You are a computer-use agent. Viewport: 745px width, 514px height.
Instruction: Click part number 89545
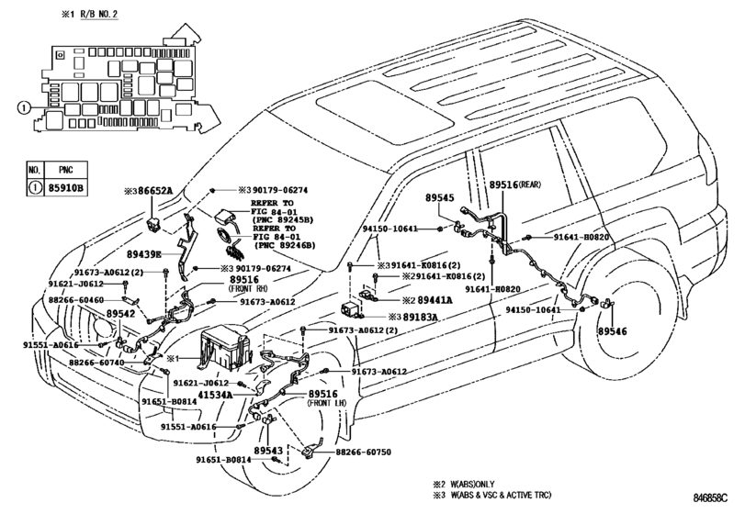[x=439, y=198]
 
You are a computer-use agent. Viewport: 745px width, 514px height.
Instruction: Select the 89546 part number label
[x=613, y=331]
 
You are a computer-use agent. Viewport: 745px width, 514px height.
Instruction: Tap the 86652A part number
[x=155, y=191]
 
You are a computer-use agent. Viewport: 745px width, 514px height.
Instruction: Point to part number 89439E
[x=144, y=255]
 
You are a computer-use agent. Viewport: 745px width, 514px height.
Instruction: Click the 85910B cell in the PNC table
[x=65, y=188]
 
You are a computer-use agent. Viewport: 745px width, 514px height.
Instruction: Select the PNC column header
[x=65, y=170]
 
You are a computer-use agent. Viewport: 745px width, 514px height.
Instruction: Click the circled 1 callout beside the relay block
[x=23, y=108]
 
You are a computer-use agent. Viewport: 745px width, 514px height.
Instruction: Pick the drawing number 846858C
[x=710, y=498]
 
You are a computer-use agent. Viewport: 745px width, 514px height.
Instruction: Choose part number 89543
[x=268, y=451]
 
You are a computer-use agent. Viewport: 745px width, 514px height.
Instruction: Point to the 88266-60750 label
[x=364, y=452]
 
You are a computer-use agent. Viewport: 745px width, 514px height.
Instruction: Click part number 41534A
[x=215, y=395]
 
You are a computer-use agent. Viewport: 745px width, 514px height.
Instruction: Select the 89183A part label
[x=420, y=317]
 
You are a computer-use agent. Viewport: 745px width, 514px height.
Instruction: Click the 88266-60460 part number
[x=76, y=300]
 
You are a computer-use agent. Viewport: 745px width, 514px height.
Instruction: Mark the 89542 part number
[x=120, y=314]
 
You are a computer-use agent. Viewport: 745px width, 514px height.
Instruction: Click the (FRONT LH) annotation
[x=327, y=403]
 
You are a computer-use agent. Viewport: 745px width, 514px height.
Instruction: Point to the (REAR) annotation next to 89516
[x=529, y=184]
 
